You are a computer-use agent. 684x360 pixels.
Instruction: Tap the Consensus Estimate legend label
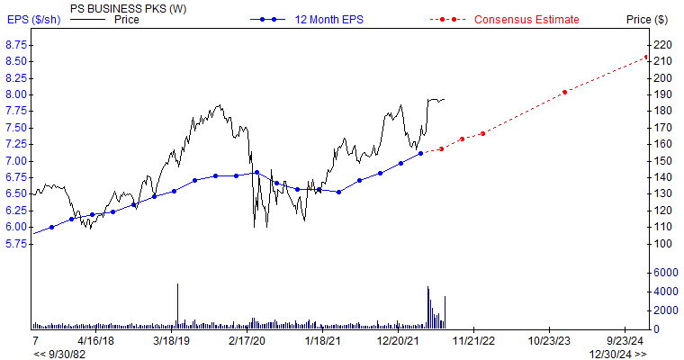pos(526,19)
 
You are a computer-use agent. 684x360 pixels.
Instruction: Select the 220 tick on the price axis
pos(662,44)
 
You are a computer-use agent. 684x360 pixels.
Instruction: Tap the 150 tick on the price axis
pos(662,161)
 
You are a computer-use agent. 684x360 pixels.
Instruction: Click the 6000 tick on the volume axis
pos(665,272)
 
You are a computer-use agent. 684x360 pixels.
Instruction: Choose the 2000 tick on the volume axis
pos(665,310)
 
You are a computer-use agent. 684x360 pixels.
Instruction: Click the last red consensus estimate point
pos(645,58)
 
